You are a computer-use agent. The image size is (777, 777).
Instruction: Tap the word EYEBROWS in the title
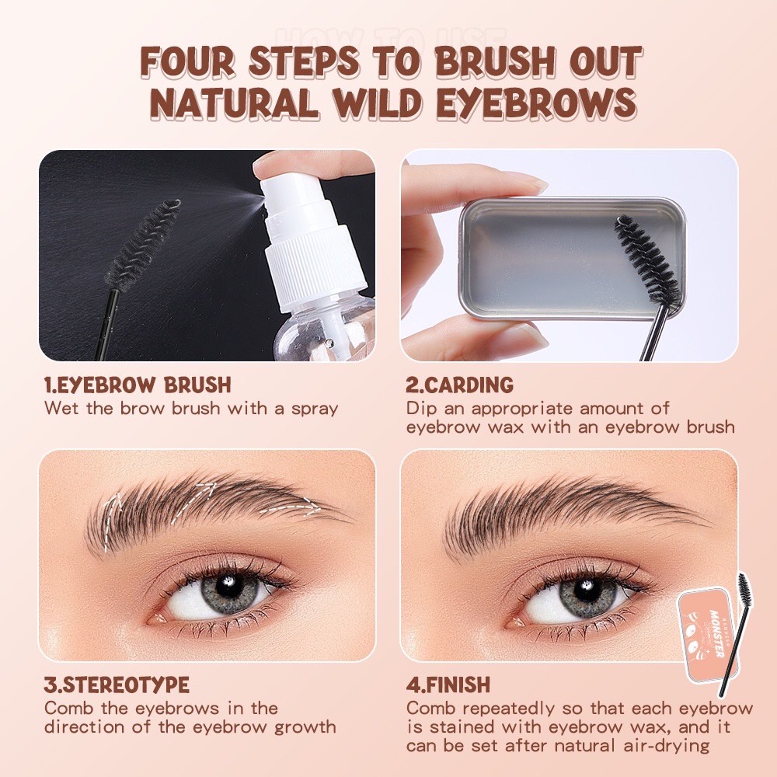click(x=539, y=104)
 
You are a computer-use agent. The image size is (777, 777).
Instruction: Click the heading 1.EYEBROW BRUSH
click(x=138, y=385)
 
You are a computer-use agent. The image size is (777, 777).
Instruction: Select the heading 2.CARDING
click(x=459, y=385)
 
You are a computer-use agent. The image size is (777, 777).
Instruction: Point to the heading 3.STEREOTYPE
click(x=117, y=685)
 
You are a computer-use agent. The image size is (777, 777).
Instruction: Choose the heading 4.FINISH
click(x=448, y=685)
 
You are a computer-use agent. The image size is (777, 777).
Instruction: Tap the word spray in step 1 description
click(x=310, y=408)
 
